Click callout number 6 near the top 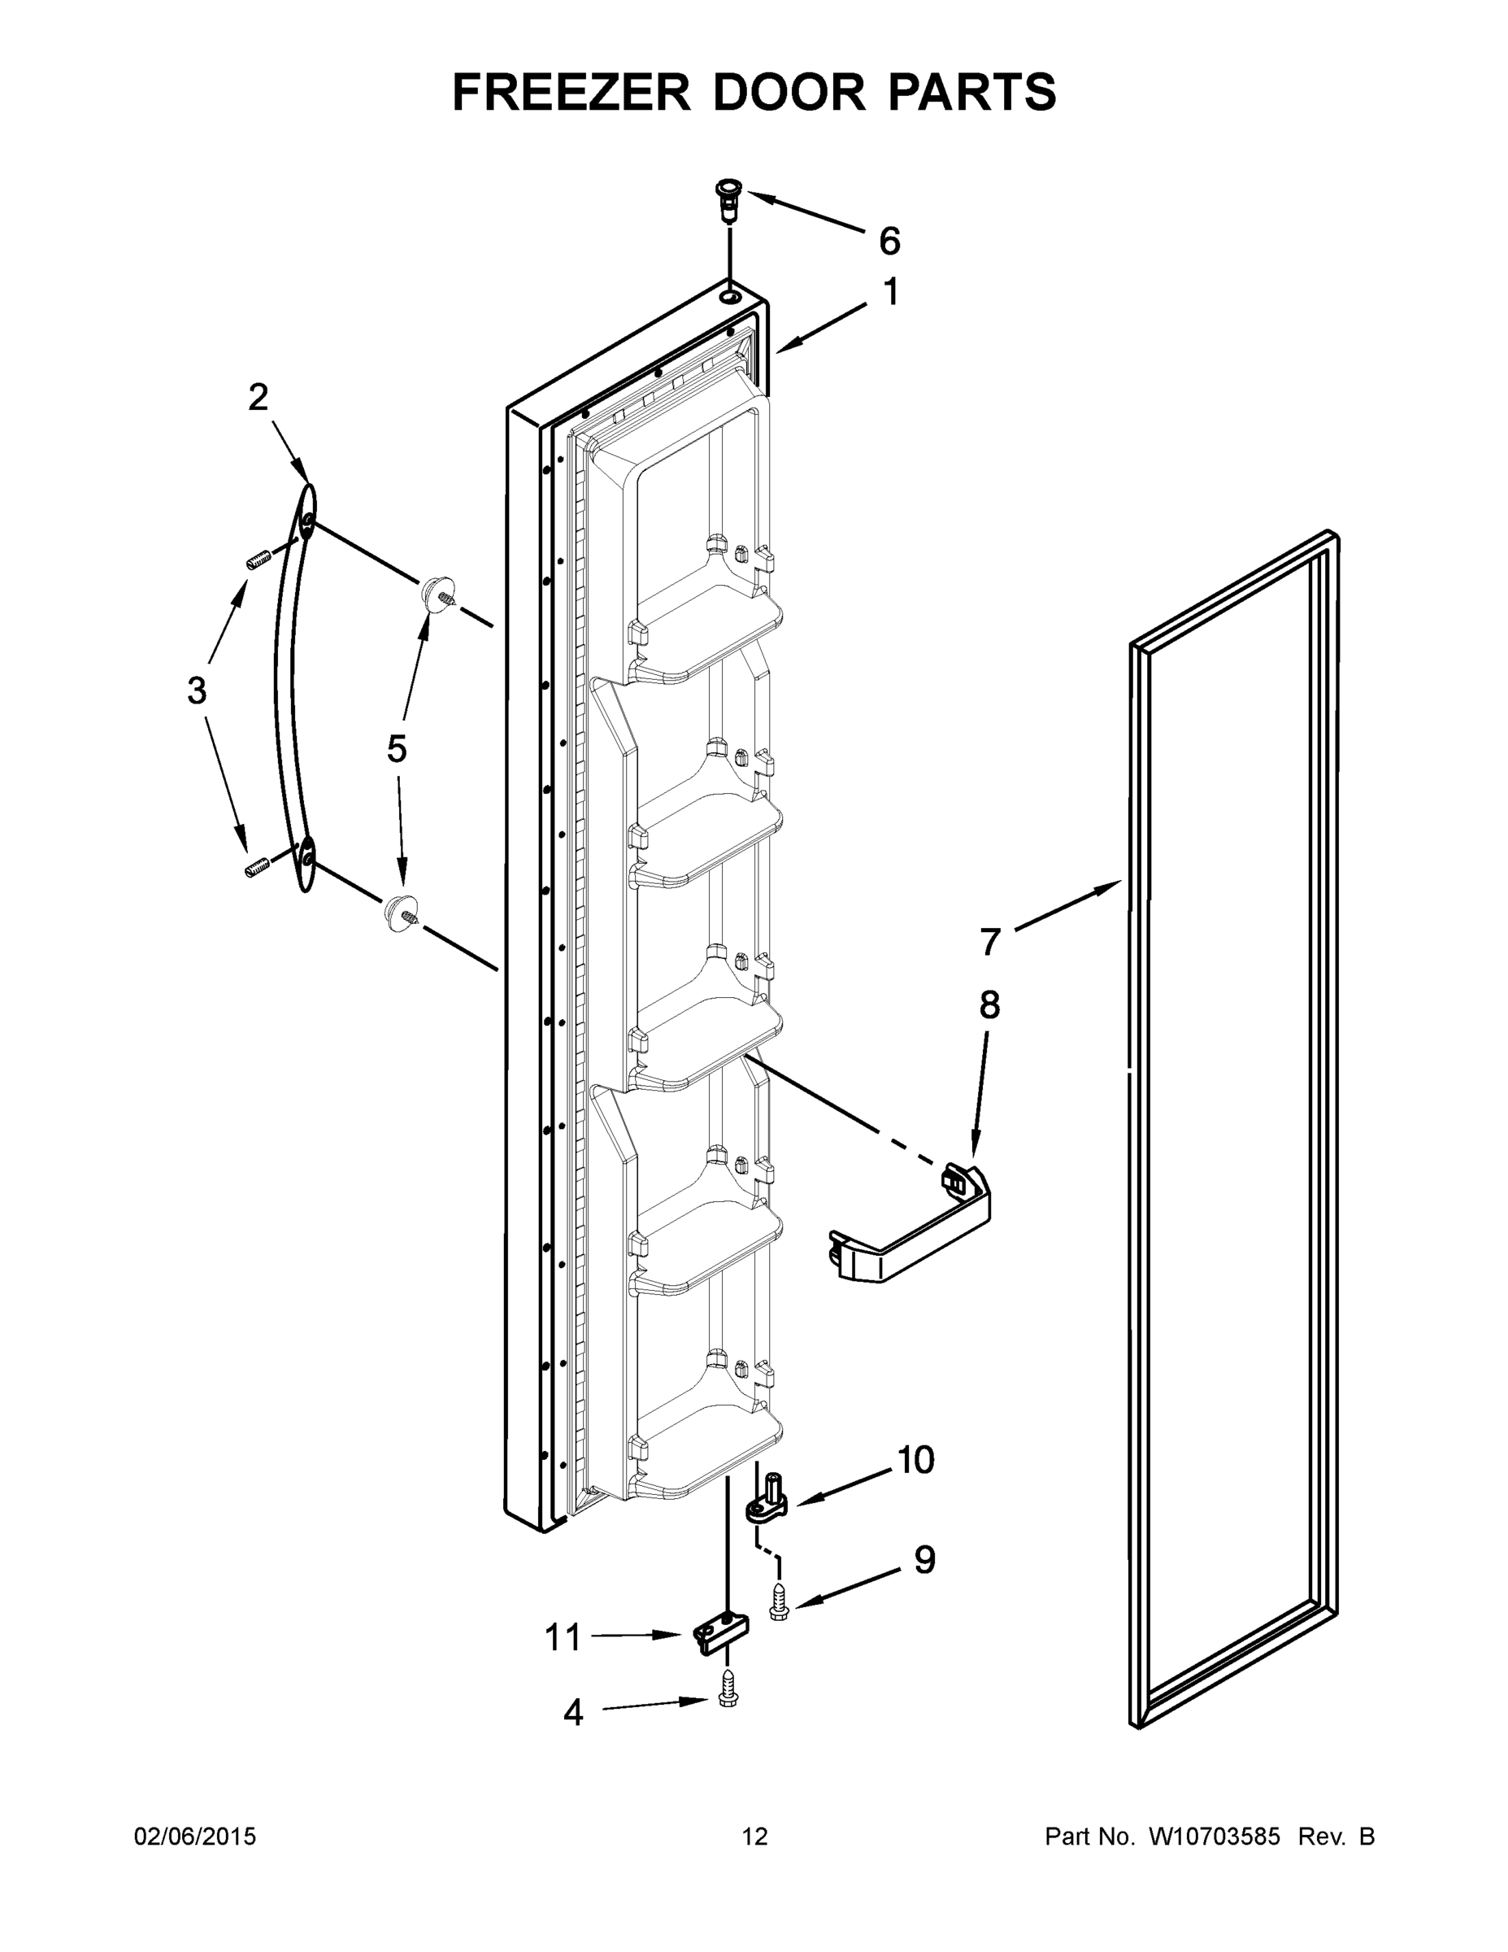(x=889, y=242)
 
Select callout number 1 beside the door (x=891, y=292)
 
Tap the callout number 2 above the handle (x=259, y=398)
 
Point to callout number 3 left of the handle (x=197, y=691)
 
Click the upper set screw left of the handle (x=257, y=561)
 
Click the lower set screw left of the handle (x=257, y=866)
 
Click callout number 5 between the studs (x=397, y=749)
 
